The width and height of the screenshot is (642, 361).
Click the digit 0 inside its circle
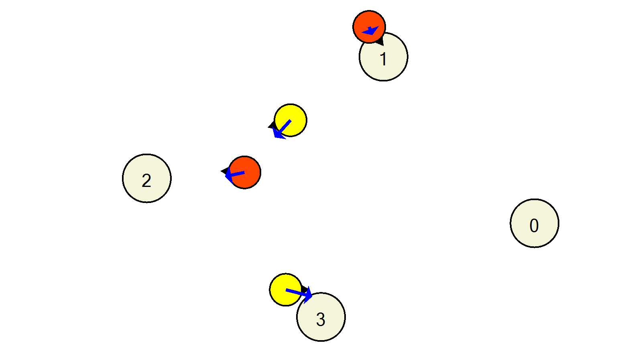(534, 225)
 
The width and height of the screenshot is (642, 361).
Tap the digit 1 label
(383, 59)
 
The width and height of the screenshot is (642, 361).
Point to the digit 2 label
(146, 181)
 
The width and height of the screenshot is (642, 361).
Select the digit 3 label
(321, 319)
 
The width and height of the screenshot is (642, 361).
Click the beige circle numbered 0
(534, 223)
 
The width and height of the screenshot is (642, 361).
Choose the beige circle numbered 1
(384, 57)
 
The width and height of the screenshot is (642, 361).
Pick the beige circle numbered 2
(147, 178)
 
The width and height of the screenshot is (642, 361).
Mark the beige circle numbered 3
(321, 317)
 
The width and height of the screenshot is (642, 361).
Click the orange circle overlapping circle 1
(369, 27)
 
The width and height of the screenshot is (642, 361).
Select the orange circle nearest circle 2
(244, 172)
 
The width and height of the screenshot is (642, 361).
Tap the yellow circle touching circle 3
(286, 290)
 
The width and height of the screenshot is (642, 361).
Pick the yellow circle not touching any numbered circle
(291, 120)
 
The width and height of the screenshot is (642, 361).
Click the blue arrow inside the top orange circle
(371, 30)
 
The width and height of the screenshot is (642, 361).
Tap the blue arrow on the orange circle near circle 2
(234, 175)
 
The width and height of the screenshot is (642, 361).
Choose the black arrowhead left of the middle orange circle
(225, 171)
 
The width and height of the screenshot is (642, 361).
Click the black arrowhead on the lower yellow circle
(305, 289)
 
